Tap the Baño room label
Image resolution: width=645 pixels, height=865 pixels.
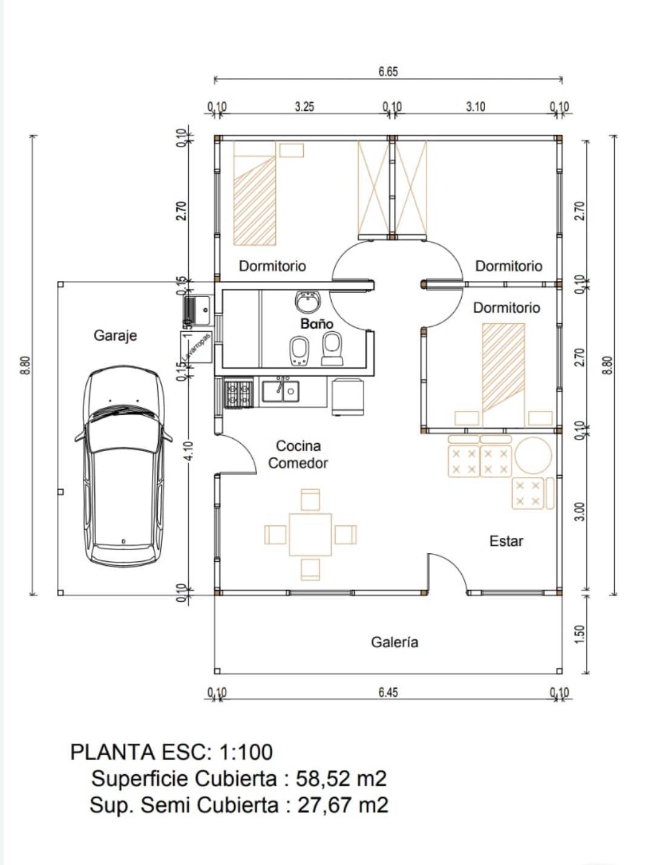click(316, 324)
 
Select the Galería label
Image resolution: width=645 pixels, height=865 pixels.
click(395, 642)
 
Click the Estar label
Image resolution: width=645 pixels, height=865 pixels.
click(506, 541)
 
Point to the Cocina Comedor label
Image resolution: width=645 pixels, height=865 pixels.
click(298, 455)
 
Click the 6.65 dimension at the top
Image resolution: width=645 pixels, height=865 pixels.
click(388, 71)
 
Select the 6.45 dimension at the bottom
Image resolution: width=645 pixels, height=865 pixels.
click(388, 692)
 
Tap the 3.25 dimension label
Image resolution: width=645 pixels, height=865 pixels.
click(304, 107)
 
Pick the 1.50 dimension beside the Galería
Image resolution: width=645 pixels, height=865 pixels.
click(579, 634)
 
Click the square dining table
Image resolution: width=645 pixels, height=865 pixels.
click(310, 534)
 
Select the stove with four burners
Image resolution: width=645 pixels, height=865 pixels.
click(238, 393)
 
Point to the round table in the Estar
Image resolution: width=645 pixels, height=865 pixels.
click(532, 456)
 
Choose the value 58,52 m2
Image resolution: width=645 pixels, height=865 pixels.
click(341, 778)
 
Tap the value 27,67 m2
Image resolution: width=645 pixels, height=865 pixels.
click(342, 805)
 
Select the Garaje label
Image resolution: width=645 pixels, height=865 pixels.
click(115, 335)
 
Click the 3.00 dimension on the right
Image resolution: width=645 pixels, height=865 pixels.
click(579, 511)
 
